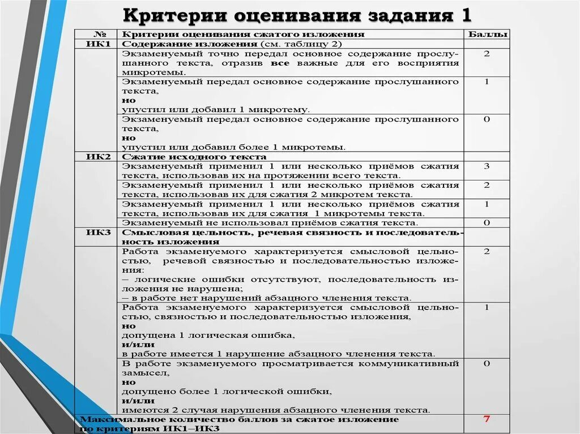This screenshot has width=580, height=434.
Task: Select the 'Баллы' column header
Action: tap(486, 35)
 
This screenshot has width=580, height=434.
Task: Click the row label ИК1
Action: tap(97, 44)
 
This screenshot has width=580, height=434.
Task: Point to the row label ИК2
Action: tap(97, 157)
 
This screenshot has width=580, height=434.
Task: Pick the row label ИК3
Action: tap(97, 232)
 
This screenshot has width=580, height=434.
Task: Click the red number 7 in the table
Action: tap(486, 419)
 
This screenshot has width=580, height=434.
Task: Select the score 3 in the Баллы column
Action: tap(486, 166)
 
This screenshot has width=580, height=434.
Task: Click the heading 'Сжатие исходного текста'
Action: tap(194, 157)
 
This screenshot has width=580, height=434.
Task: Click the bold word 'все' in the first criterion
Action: tap(280, 63)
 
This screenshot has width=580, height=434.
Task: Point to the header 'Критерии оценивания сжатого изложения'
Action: tap(244, 35)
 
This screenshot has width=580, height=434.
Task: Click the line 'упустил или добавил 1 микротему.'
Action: tap(216, 110)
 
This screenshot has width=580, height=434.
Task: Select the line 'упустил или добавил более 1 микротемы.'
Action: tap(233, 147)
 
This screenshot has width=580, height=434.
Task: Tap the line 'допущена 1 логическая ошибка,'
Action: tap(208, 335)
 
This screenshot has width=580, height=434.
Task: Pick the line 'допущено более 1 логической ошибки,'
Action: tap(227, 391)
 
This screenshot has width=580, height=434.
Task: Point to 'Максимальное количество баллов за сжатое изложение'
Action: tap(240, 419)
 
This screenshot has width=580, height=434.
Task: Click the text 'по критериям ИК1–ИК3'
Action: tap(150, 429)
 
